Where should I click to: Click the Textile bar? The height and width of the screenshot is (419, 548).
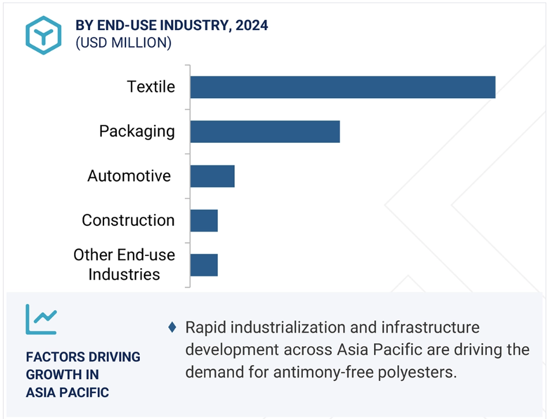click(x=343, y=87)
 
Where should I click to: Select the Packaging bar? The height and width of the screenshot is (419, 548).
click(x=265, y=131)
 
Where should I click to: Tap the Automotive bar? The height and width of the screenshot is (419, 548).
click(x=213, y=176)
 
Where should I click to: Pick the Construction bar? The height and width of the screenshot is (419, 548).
click(x=204, y=221)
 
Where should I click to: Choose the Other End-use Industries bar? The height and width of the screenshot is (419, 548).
click(x=204, y=265)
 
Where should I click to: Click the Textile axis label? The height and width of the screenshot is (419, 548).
click(x=151, y=87)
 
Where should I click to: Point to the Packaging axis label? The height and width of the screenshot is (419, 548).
click(x=137, y=132)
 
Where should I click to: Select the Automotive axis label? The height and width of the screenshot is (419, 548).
click(x=129, y=176)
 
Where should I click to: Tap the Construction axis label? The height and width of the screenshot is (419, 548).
click(x=128, y=220)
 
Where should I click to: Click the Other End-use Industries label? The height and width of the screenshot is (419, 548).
click(x=124, y=265)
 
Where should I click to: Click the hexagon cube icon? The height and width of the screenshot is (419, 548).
click(x=44, y=35)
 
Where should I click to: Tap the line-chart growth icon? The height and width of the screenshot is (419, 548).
click(x=41, y=319)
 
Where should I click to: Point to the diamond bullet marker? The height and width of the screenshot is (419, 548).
click(x=172, y=328)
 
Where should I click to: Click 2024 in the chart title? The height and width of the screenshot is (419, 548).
click(x=251, y=25)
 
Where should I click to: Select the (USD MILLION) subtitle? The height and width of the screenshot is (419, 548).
click(x=124, y=43)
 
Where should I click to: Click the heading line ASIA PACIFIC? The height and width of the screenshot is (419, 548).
click(x=68, y=392)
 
